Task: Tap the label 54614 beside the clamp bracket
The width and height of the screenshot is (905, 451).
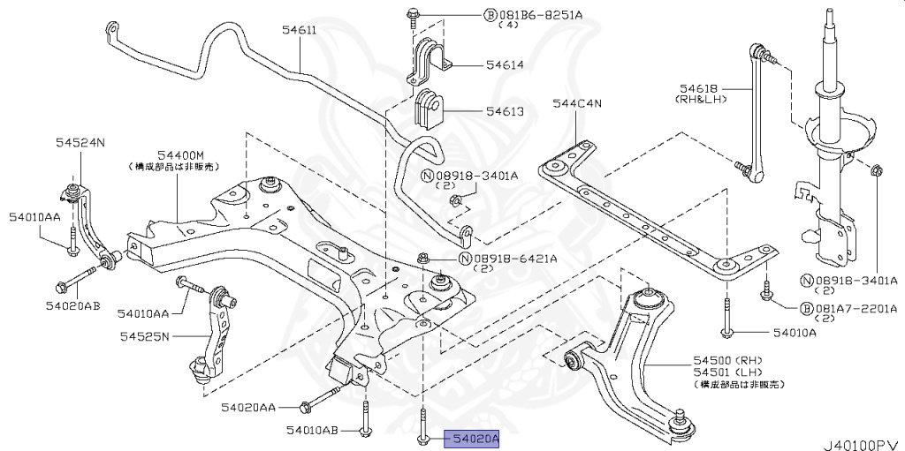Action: [x=504, y=65]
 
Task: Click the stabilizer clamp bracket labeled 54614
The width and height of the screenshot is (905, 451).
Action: [x=428, y=60]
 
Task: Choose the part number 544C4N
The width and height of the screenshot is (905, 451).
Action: [x=577, y=104]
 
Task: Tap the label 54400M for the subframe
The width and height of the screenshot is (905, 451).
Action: [x=180, y=154]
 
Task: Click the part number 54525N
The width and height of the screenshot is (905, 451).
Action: [x=145, y=336]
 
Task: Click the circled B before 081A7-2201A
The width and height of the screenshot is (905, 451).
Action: [x=806, y=309]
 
